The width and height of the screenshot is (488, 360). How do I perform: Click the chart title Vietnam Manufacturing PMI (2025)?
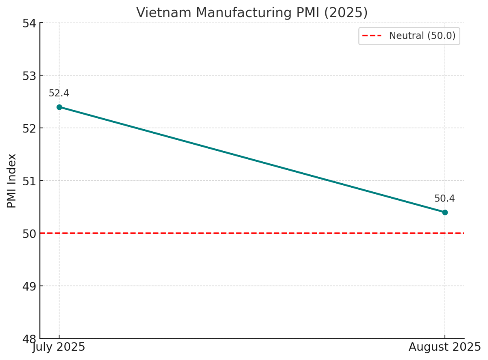click(x=252, y=13)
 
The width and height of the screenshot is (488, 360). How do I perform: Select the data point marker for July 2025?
click(x=59, y=107)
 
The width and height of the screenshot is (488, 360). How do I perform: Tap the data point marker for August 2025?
click(x=445, y=213)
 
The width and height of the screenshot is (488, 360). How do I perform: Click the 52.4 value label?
click(x=59, y=93)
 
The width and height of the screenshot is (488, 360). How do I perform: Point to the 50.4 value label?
click(x=444, y=199)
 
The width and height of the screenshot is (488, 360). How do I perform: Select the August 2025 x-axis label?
click(x=445, y=347)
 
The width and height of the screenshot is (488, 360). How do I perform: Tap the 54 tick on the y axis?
click(x=30, y=23)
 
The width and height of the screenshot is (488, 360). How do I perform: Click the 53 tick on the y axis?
click(x=30, y=76)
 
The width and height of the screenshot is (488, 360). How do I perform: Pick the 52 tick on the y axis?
click(x=30, y=128)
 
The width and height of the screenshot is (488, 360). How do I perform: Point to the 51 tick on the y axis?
click(x=30, y=181)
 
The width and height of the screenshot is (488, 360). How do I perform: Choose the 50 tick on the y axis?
click(x=30, y=234)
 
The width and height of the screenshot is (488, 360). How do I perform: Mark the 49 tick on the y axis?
click(x=30, y=286)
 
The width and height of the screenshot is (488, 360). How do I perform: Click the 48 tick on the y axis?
click(x=30, y=338)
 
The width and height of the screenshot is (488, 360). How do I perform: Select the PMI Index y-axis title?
click(x=12, y=181)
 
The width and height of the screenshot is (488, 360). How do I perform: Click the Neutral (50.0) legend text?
click(x=422, y=36)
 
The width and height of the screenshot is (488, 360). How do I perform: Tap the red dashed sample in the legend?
click(x=372, y=36)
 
